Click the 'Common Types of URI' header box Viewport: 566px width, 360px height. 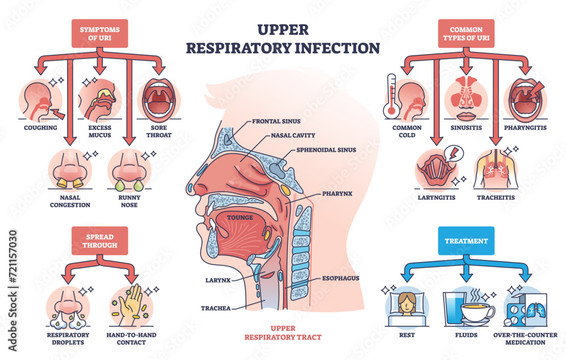(466, 33)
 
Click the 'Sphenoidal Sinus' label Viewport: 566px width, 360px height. (326, 150)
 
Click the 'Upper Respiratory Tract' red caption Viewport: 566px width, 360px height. (282, 332)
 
